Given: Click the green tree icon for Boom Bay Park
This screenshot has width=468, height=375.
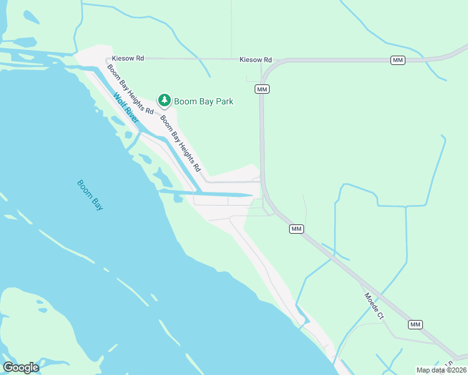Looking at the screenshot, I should [165, 100].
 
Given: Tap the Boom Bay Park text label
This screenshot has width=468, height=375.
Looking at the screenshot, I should [203, 101].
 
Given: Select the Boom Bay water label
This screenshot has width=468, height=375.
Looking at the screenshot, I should [90, 194].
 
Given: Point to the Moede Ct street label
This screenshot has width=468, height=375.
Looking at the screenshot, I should [374, 306].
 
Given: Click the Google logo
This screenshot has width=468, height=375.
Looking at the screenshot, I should [21, 367].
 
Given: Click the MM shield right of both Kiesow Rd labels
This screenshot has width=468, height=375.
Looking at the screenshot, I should [398, 60].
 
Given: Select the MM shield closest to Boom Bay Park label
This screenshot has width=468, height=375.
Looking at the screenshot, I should [263, 90].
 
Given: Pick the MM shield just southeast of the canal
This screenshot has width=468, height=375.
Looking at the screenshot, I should [297, 229].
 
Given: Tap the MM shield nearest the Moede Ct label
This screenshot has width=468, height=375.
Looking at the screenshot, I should [415, 324].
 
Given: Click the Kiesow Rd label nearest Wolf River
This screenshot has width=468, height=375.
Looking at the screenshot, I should [128, 58].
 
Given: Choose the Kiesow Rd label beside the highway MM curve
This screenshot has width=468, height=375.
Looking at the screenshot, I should [256, 59].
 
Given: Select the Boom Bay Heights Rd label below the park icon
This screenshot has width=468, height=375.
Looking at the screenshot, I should [180, 143].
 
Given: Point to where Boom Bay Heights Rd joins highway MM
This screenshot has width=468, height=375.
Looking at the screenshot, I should [262, 181].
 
